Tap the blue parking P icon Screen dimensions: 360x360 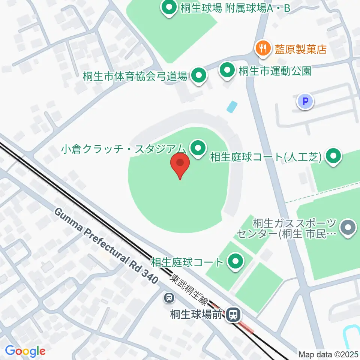point(306,101)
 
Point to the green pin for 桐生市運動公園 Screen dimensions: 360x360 point(227,70)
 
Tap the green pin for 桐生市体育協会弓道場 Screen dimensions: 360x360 point(199,76)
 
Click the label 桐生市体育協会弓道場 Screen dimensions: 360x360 point(135,76)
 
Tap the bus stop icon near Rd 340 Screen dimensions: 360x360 point(169,298)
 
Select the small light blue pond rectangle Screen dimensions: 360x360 point(232,107)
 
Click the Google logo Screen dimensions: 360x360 point(25,351)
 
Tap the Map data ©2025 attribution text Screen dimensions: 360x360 point(328,354)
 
